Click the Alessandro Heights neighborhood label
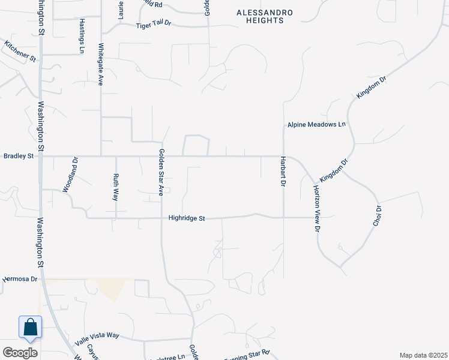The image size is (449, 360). point(259,16)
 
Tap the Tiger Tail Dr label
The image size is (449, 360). point(154,25)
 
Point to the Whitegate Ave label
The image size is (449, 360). point(101,64)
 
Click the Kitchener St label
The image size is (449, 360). point(21,52)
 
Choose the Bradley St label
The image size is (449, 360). point(19,156)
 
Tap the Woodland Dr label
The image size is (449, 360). point(75,175)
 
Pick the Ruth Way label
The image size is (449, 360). point(116,186)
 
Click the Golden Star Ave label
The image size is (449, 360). point(161,173)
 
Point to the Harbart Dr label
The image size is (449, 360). point(282,172)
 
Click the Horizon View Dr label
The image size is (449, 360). point(316,208)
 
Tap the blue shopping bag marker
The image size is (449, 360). point(30,328)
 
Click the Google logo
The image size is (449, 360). point(20,353)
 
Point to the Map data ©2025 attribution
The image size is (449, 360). point(423,355)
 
